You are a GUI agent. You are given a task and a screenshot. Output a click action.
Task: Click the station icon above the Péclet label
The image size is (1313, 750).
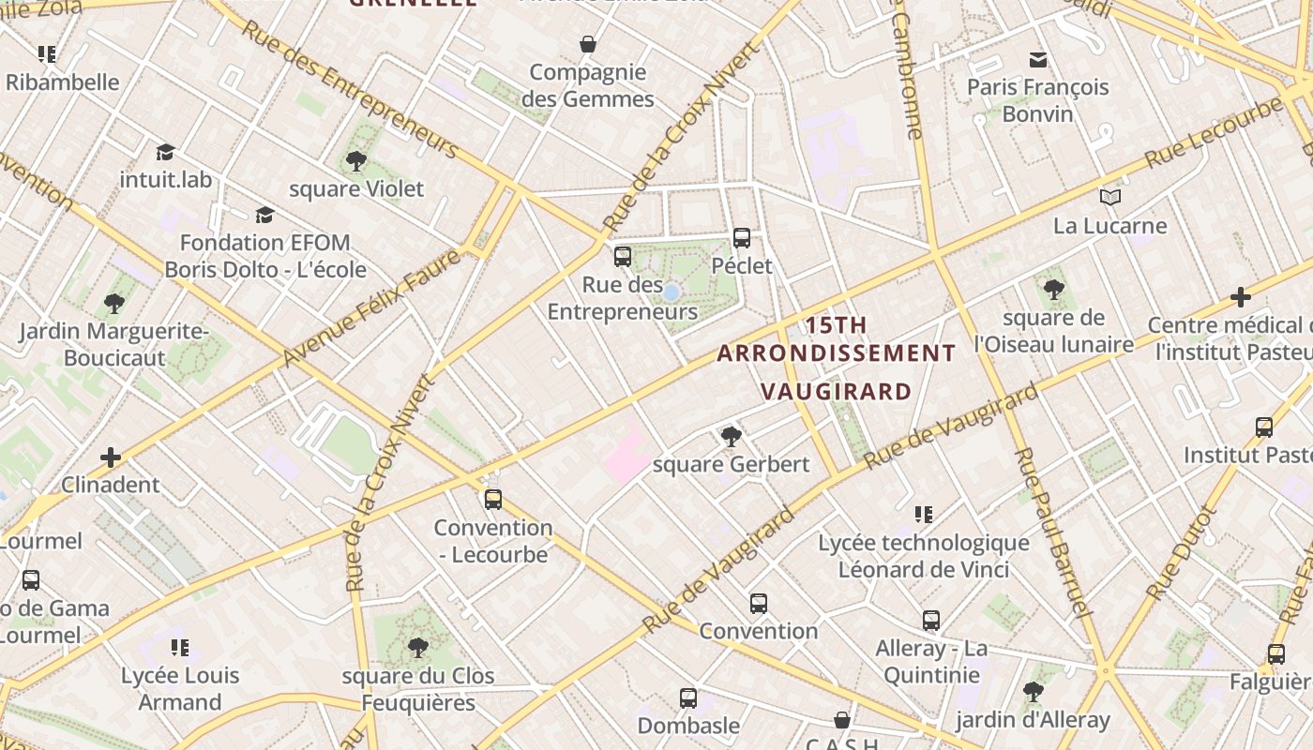coord(741,238)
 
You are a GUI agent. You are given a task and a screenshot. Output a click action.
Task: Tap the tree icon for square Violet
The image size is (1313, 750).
coord(355,161)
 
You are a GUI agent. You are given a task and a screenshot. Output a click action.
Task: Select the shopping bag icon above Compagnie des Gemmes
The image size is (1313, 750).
coord(588,44)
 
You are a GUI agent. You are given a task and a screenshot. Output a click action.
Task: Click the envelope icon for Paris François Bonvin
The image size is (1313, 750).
coord(1037,60)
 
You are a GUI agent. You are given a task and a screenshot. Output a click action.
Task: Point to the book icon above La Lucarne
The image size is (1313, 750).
coord(1110,197)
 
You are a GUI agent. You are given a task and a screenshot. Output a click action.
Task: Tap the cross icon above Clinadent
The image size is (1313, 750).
coord(111,457)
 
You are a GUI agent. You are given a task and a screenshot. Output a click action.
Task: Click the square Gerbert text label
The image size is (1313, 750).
coord(731,464)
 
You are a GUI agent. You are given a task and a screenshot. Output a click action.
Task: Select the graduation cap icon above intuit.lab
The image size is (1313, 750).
coord(166,152)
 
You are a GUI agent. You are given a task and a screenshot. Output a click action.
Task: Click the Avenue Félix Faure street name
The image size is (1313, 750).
coord(371,308)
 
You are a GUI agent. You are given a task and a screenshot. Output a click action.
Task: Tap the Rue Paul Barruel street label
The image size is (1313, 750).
coord(1053,531)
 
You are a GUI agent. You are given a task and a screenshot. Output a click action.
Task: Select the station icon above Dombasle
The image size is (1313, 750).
coord(688,698)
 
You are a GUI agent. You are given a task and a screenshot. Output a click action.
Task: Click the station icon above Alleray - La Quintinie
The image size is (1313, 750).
coord(930,621)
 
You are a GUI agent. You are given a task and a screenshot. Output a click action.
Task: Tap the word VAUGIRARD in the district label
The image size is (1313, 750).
coord(836,391)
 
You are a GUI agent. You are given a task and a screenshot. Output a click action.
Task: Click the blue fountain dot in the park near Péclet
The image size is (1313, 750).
coord(671,292)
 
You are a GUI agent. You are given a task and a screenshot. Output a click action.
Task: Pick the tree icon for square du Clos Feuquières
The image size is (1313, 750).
coord(417,648)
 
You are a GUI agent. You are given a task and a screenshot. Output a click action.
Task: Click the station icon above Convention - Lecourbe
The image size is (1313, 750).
coord(492,500)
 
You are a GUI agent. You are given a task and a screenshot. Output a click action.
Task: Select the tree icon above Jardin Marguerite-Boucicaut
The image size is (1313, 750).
coord(114,304)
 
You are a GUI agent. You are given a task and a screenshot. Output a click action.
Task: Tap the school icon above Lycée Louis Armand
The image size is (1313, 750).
coord(180,648)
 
